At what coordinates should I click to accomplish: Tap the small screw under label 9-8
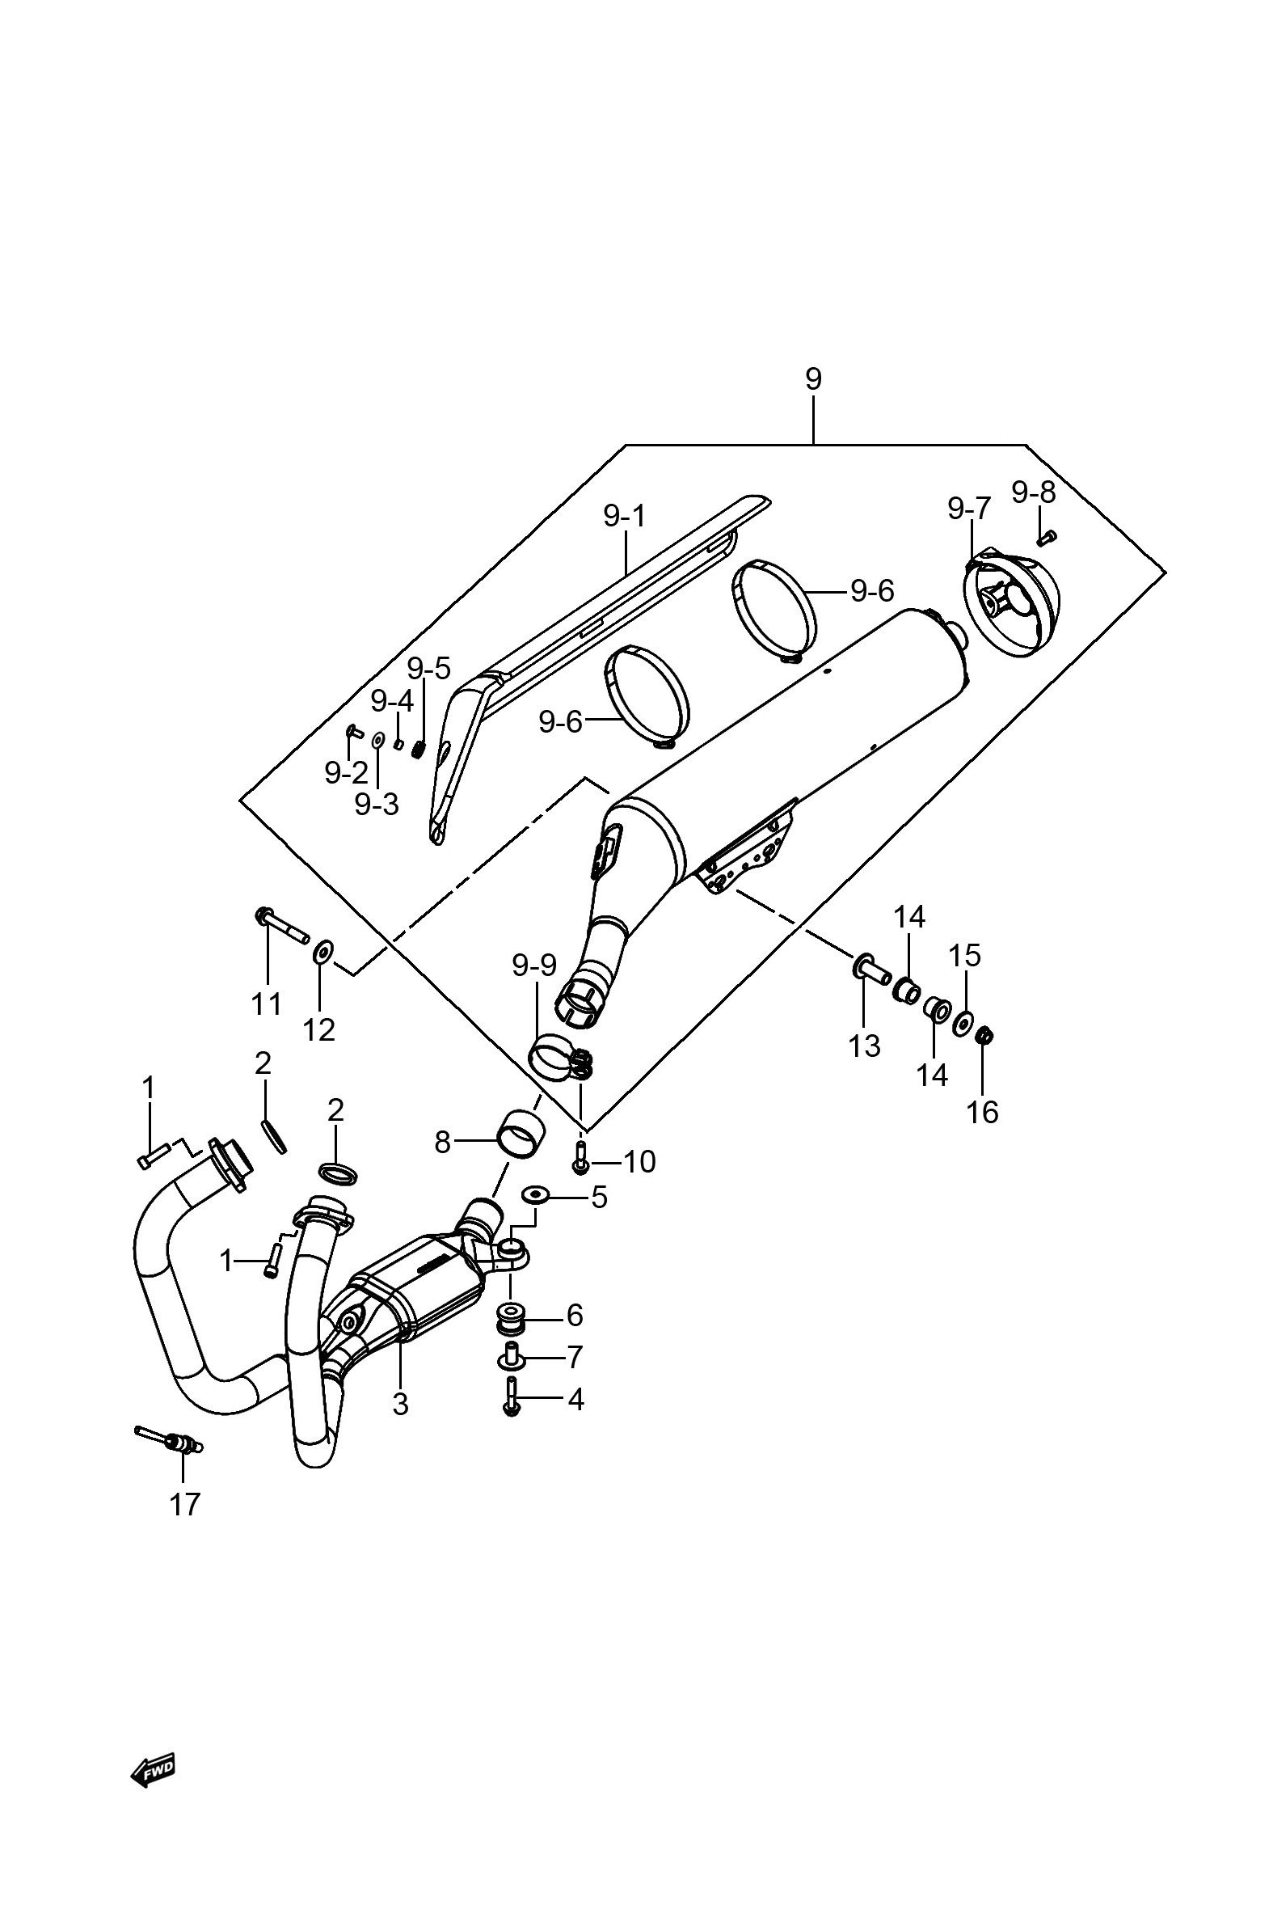click(x=1047, y=536)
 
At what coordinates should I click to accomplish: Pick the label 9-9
click(x=534, y=965)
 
